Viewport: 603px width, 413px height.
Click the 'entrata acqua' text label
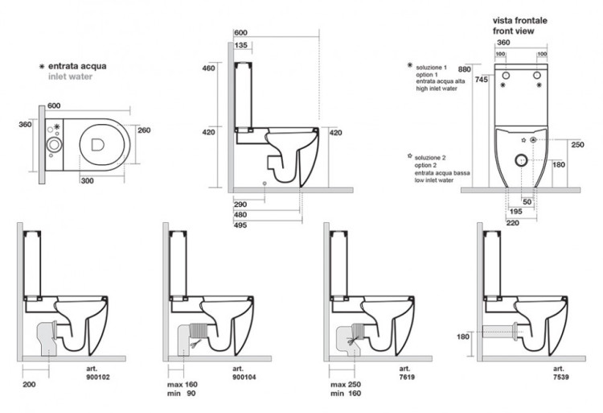[77, 65]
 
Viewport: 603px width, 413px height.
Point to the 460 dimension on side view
[207, 68]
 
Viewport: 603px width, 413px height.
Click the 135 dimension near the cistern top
[241, 45]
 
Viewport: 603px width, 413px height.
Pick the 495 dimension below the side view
[240, 225]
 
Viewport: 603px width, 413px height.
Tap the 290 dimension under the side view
[240, 204]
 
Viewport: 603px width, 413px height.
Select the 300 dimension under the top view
[88, 180]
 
